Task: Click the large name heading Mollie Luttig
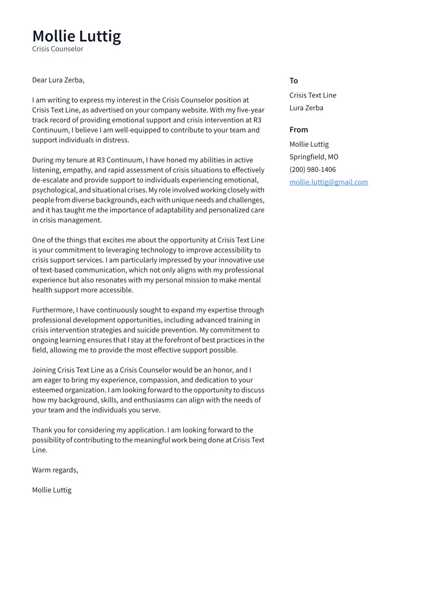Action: (77, 36)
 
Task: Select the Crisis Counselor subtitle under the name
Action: (58, 49)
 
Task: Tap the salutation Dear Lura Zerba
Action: (58, 80)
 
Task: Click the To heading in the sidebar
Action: (293, 81)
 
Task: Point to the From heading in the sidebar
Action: (298, 130)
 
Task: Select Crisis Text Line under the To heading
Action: (313, 95)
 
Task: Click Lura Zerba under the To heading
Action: (306, 108)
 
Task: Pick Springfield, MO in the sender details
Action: (314, 157)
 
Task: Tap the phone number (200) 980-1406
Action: (313, 169)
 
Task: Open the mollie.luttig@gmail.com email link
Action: (329, 182)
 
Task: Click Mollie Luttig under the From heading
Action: (309, 144)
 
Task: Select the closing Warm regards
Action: (55, 470)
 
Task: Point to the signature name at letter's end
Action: (52, 490)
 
